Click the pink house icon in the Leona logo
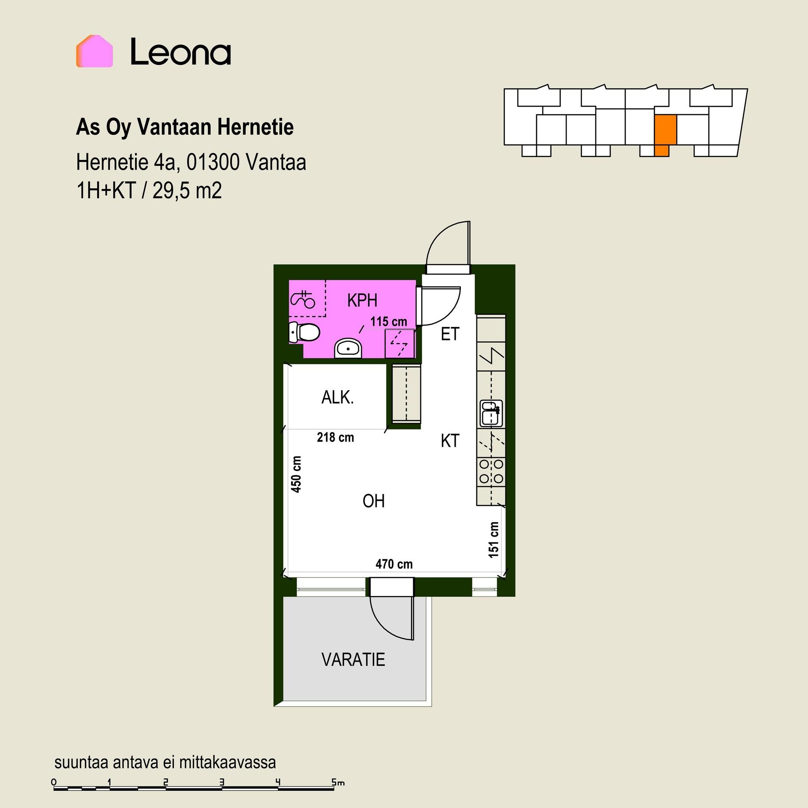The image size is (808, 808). point(94,51)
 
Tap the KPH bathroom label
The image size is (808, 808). point(362,300)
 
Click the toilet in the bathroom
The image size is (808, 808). point(304,332)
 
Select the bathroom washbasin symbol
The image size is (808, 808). point(348,348)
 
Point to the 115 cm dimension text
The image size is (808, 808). point(388,322)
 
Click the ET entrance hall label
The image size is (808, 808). point(450,334)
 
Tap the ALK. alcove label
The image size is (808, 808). point(338,397)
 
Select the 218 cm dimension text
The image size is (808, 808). point(335,437)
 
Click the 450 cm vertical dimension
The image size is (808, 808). point(296,474)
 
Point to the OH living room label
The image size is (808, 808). point(374,501)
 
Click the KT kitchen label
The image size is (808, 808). point(450,441)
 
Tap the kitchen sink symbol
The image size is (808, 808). point(491,412)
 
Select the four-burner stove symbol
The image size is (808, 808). point(491,471)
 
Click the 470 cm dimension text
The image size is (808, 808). point(394,564)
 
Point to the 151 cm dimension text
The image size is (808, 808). point(494,540)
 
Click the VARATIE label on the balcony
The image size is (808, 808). point(353,659)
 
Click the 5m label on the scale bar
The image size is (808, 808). point(338,782)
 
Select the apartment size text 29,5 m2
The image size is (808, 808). point(187,191)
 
